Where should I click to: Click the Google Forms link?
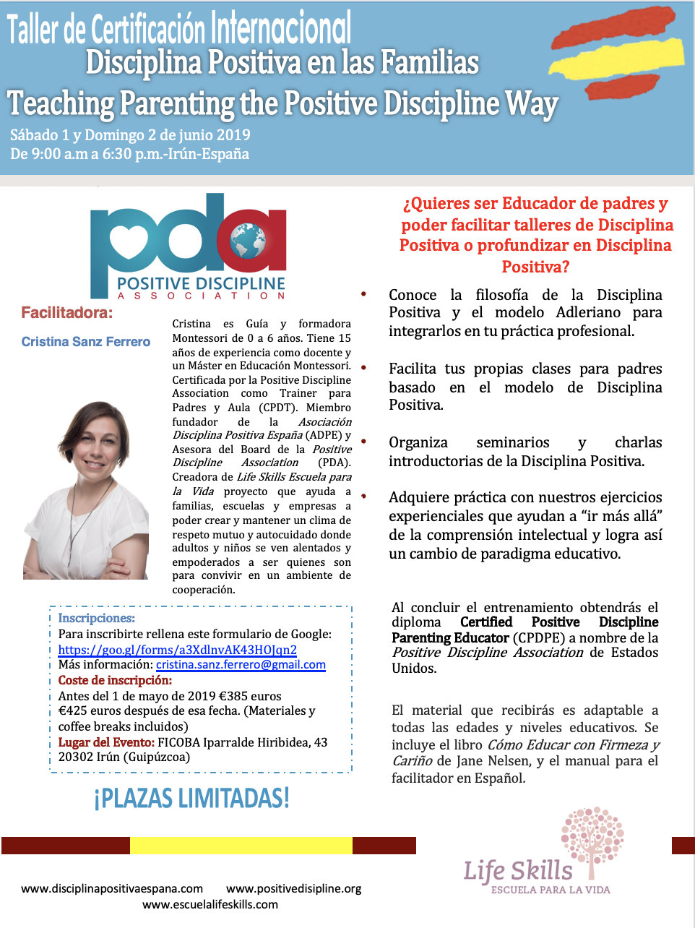pyautogui.click(x=177, y=650)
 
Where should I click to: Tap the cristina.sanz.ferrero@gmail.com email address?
pyautogui.click(x=241, y=665)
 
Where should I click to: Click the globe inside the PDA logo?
pyautogui.click(x=248, y=240)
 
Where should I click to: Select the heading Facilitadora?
pyautogui.click(x=66, y=313)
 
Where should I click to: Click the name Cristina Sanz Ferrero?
pyautogui.click(x=86, y=342)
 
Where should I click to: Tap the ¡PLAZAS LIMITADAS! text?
pyautogui.click(x=191, y=799)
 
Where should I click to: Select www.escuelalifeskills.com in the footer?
pyautogui.click(x=210, y=904)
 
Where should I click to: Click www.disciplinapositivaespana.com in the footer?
pyautogui.click(x=112, y=888)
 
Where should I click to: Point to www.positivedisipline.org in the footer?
pyautogui.click(x=293, y=888)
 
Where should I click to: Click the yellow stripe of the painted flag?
pyautogui.click(x=618, y=58)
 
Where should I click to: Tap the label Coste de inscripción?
pyautogui.click(x=115, y=680)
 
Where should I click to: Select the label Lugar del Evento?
pyautogui.click(x=106, y=742)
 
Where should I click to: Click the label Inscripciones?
pyautogui.click(x=96, y=618)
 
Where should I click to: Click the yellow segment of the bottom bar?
pyautogui.click(x=241, y=846)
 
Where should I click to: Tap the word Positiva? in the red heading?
pyautogui.click(x=535, y=267)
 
